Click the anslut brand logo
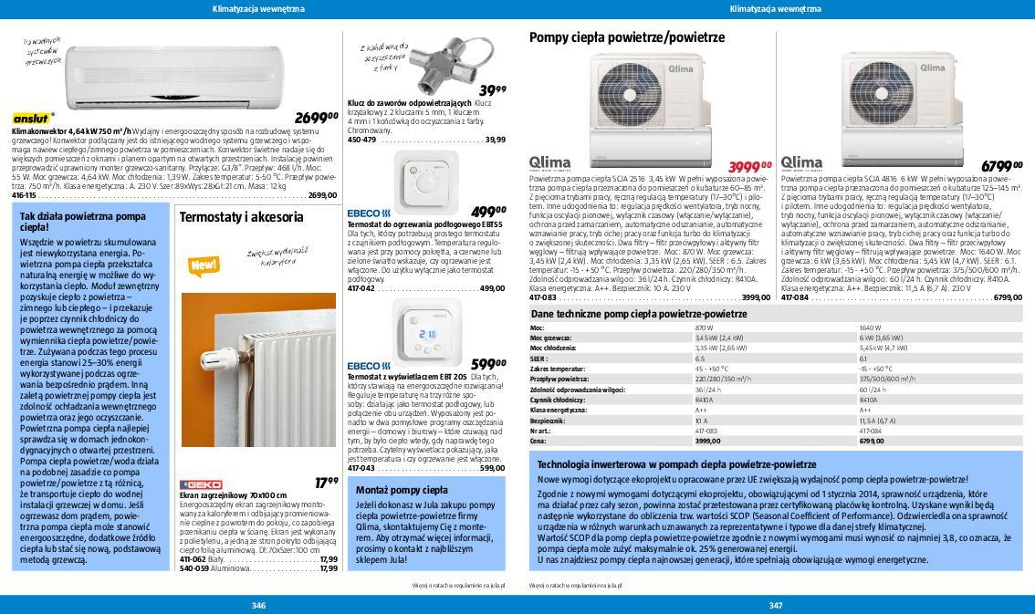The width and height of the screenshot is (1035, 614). (31, 119)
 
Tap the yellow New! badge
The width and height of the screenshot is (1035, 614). (202, 265)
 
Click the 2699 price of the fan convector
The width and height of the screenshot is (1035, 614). (315, 118)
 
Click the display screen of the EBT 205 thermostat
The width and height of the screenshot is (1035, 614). (426, 335)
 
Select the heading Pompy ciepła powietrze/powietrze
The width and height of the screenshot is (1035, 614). (626, 37)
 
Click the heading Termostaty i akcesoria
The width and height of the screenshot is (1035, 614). (241, 217)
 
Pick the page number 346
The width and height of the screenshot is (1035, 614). (258, 605)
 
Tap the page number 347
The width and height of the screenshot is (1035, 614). (776, 605)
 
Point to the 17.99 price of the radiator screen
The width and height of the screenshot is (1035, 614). (326, 483)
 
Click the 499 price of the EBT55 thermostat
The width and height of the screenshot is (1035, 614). (488, 212)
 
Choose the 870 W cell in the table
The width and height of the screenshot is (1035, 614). (704, 328)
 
